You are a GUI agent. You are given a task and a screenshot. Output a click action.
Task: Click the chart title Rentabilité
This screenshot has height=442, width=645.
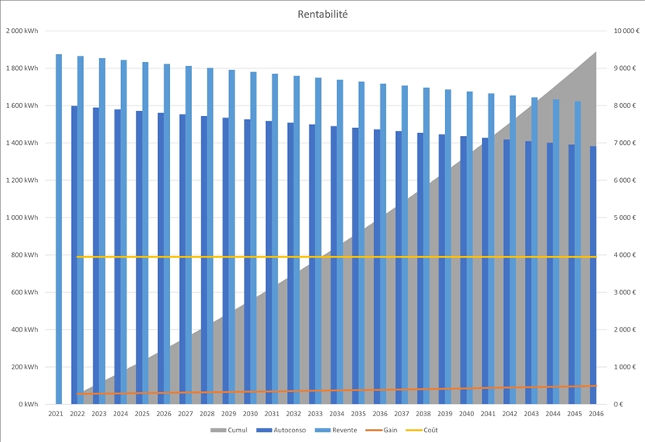coord(322,14)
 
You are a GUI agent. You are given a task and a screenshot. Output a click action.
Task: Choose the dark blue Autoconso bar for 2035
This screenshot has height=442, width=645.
coord(356,266)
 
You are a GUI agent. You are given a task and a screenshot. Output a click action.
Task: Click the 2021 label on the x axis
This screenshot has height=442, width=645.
coord(56,414)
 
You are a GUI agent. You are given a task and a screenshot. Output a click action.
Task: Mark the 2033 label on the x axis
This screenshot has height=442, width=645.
coord(314,414)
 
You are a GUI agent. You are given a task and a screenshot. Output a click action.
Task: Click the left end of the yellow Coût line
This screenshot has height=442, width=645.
coord(77,257)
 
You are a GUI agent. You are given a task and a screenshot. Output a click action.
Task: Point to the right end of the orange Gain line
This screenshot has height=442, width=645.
coord(596,386)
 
